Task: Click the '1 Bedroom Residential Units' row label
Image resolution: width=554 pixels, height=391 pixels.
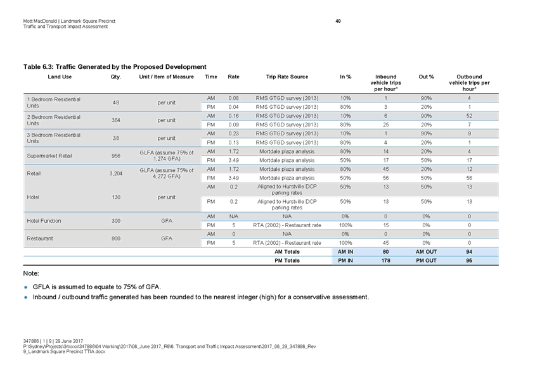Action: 54,102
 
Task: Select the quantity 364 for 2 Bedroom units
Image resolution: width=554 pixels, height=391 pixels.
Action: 116,120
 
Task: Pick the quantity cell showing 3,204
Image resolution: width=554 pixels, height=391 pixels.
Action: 116,172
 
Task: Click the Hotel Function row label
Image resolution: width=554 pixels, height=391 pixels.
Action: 44,221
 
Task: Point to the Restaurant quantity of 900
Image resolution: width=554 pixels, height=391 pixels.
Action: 116,239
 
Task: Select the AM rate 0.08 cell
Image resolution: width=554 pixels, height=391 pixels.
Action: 233,98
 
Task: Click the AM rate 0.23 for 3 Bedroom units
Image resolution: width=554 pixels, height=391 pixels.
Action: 233,134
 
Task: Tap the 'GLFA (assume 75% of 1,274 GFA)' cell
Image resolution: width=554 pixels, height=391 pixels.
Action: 167,156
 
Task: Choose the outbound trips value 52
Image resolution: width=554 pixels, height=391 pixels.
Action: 468,116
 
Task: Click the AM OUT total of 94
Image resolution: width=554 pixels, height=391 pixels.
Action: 468,251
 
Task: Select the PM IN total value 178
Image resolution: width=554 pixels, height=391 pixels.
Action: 386,260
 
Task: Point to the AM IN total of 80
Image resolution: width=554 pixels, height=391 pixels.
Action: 386,251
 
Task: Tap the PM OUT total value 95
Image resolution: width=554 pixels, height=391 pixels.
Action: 468,260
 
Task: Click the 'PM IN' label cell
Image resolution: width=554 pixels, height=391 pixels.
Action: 346,260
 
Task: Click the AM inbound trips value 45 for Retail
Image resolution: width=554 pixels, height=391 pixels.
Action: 386,170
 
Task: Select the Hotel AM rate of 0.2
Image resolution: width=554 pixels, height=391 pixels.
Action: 233,187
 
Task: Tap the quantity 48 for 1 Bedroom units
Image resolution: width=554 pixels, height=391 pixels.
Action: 116,102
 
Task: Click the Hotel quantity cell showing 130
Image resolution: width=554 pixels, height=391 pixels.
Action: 116,197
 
